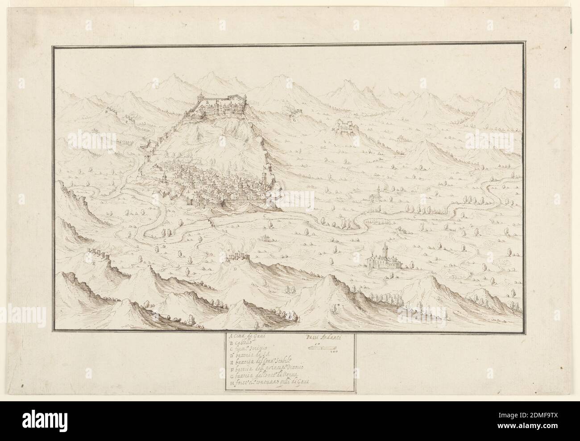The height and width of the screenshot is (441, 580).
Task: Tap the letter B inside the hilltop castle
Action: pos(207,102)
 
